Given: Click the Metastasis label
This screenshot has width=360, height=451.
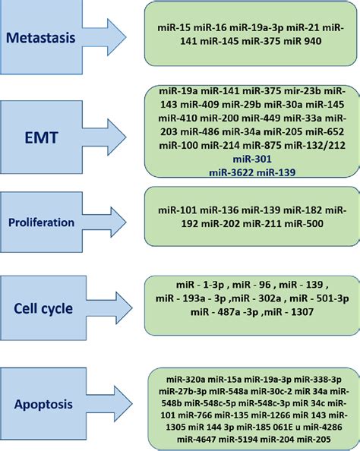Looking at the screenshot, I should tap(51, 37).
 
